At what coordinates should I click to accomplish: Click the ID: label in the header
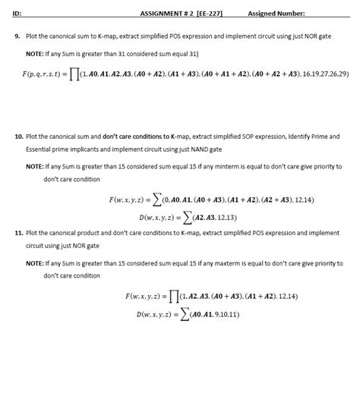(x=17, y=13)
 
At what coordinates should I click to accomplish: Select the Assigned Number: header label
(x=276, y=13)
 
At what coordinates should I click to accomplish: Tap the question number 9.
(x=17, y=35)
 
